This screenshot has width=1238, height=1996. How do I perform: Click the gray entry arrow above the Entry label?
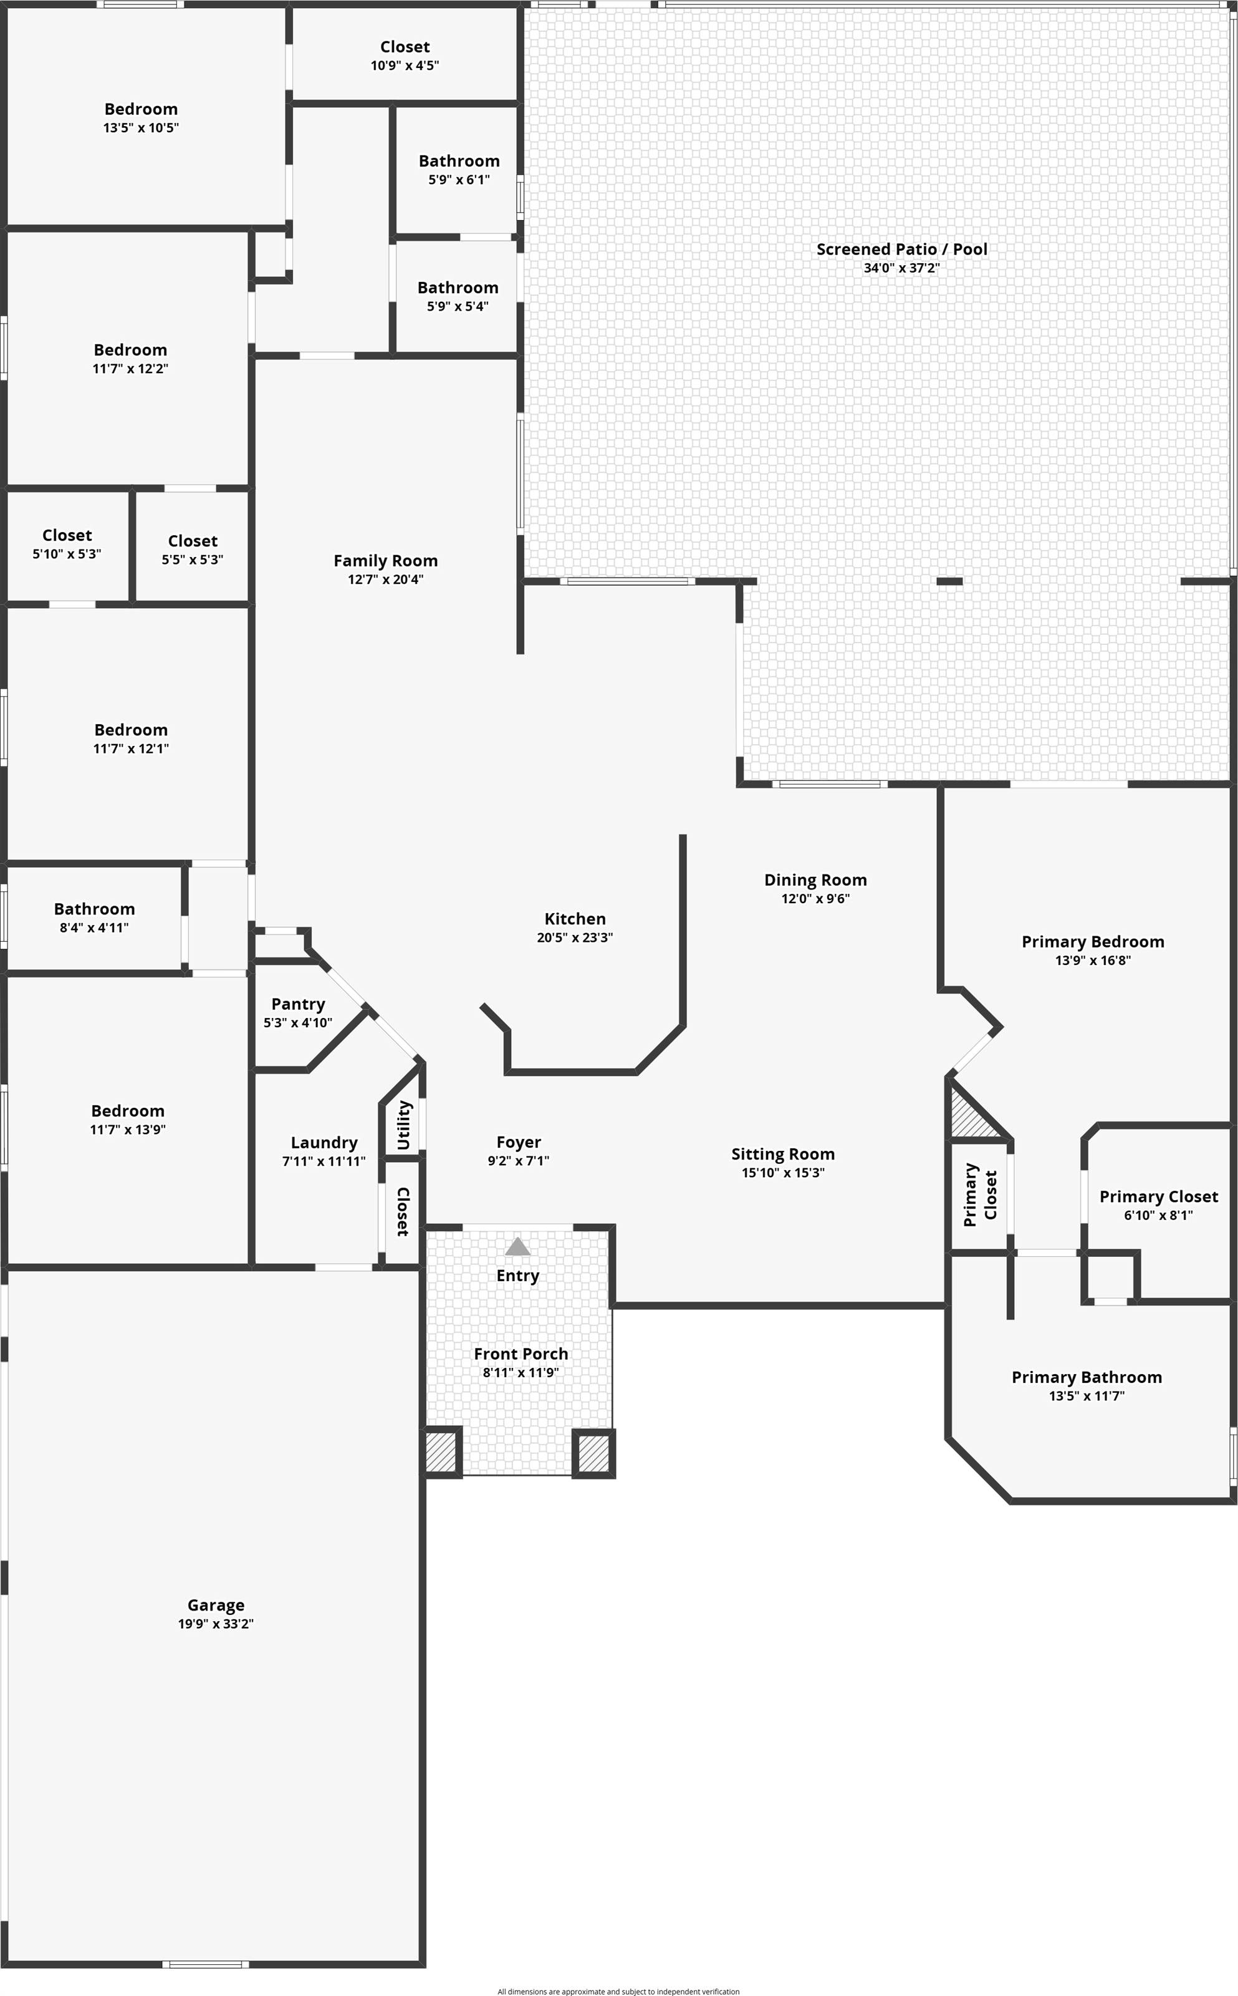pos(517,1247)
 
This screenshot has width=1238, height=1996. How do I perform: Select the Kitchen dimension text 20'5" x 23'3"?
pos(575,937)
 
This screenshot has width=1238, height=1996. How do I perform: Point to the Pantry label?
pos(298,1004)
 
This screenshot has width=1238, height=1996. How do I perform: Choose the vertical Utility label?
pos(404,1125)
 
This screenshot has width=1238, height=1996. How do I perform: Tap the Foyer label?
pos(518,1141)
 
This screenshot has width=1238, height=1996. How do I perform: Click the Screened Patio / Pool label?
pos(901,249)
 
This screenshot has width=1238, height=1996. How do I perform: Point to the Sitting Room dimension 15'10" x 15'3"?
pos(783,1172)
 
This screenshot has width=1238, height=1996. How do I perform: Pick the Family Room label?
pos(386,560)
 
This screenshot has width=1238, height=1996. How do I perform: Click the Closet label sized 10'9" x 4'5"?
pos(405,47)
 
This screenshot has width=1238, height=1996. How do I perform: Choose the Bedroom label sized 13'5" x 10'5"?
pos(141,109)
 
